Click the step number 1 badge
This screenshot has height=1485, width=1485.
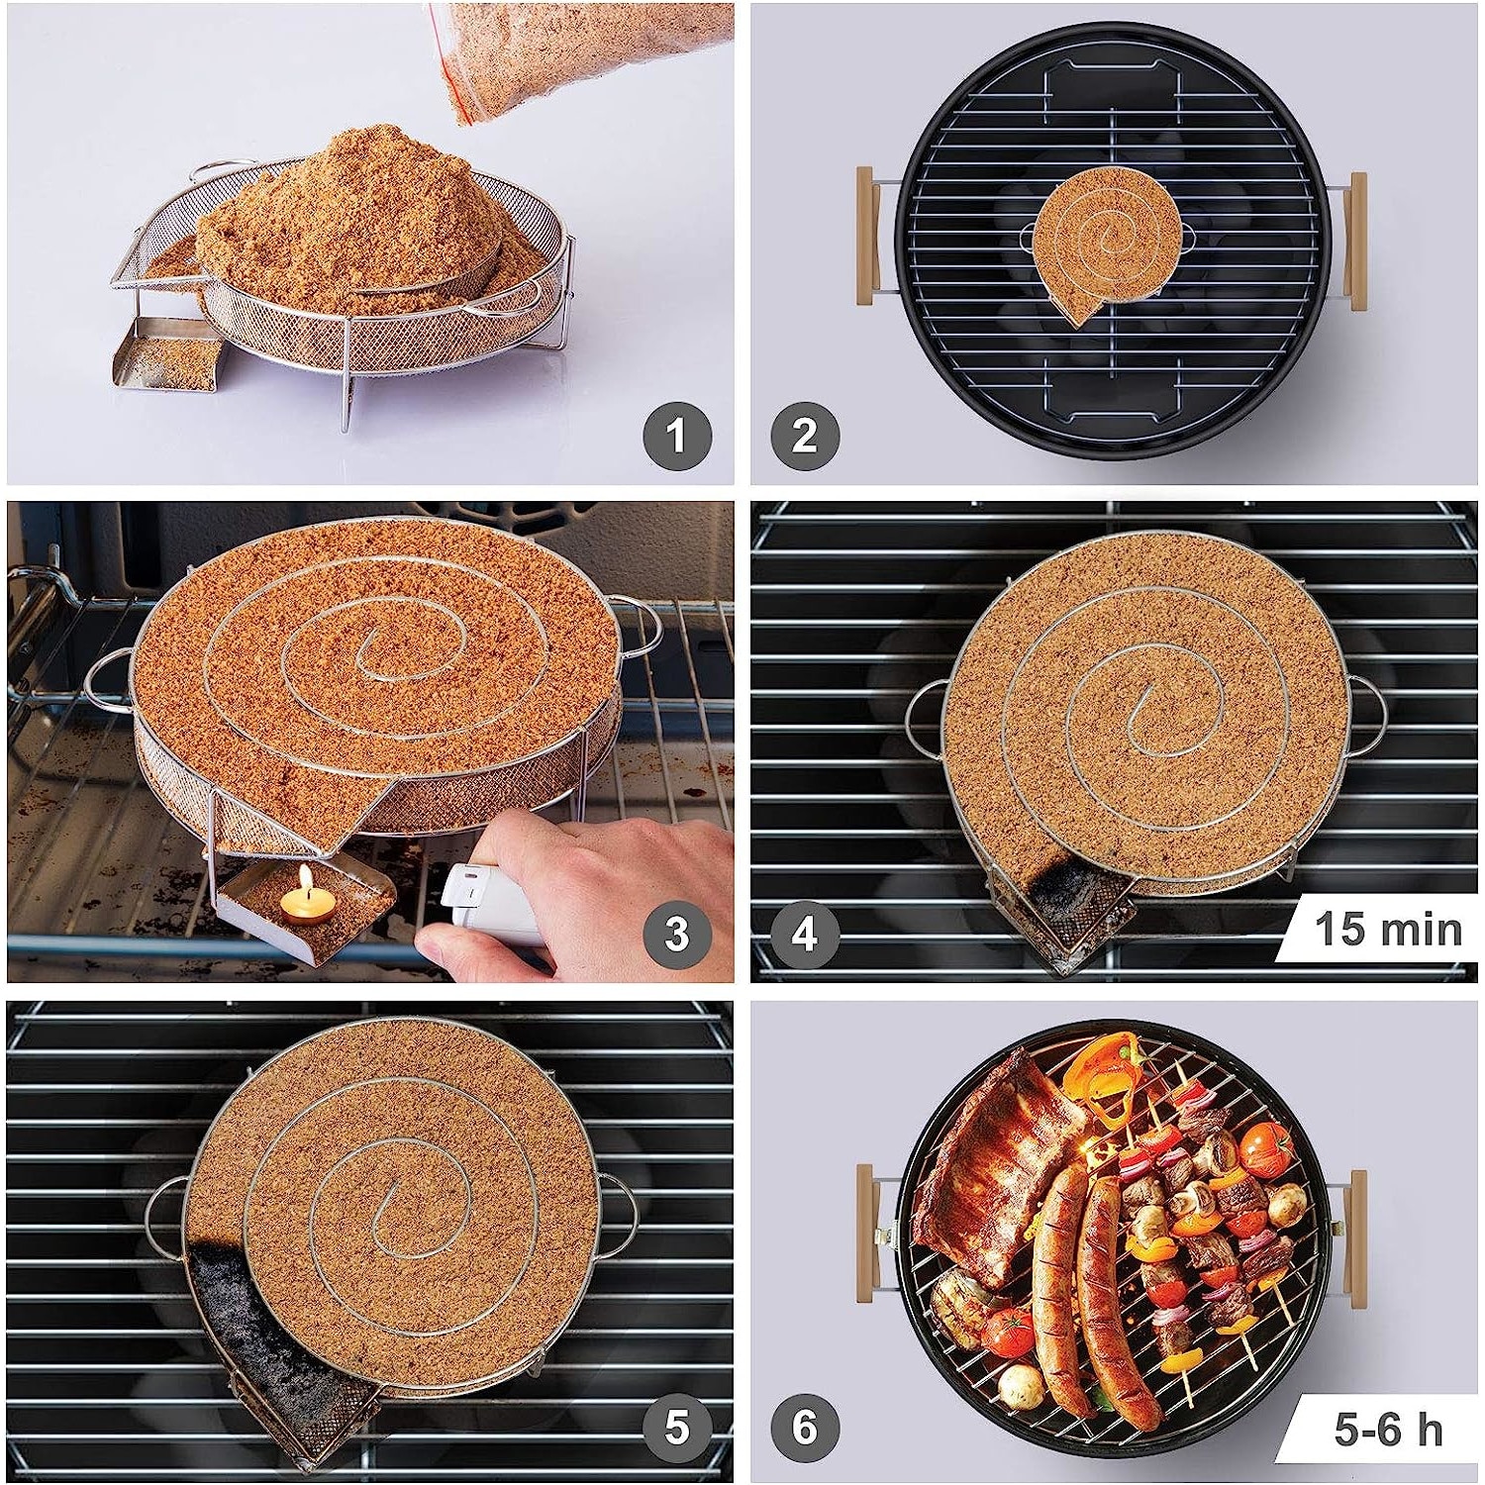pyautogui.click(x=677, y=436)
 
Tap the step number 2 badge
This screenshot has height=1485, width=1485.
pyautogui.click(x=805, y=436)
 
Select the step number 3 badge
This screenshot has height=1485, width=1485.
pyautogui.click(x=677, y=934)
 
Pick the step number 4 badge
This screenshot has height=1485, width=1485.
pyautogui.click(x=805, y=934)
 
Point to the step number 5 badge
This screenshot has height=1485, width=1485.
pyautogui.click(x=677, y=1428)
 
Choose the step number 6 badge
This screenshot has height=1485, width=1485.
pyautogui.click(x=805, y=1428)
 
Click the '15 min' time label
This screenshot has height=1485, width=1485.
pyautogui.click(x=1388, y=930)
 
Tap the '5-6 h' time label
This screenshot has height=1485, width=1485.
pyautogui.click(x=1388, y=1430)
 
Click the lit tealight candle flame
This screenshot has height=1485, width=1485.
pyautogui.click(x=306, y=877)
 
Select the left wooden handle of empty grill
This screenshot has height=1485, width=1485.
pyautogui.click(x=869, y=238)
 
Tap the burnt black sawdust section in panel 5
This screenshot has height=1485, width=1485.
pyautogui.click(x=277, y=1327)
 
